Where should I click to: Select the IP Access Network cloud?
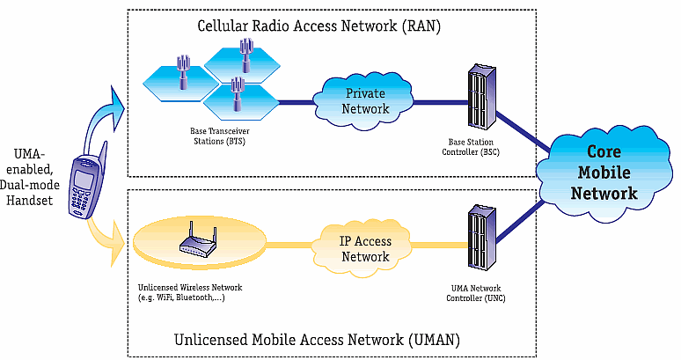(364, 248)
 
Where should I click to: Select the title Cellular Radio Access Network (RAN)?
(319, 26)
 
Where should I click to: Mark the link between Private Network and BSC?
(440, 102)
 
